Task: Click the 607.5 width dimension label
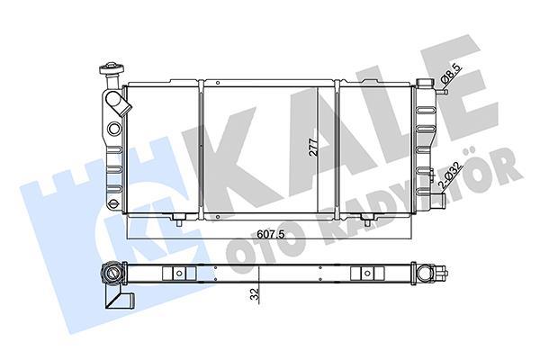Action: [x=271, y=234]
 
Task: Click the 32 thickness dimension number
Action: [x=255, y=294]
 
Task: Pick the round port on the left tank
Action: [x=114, y=129]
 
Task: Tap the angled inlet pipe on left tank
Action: [x=118, y=102]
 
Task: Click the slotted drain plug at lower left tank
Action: [x=112, y=203]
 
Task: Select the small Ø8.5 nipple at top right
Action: [x=442, y=92]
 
